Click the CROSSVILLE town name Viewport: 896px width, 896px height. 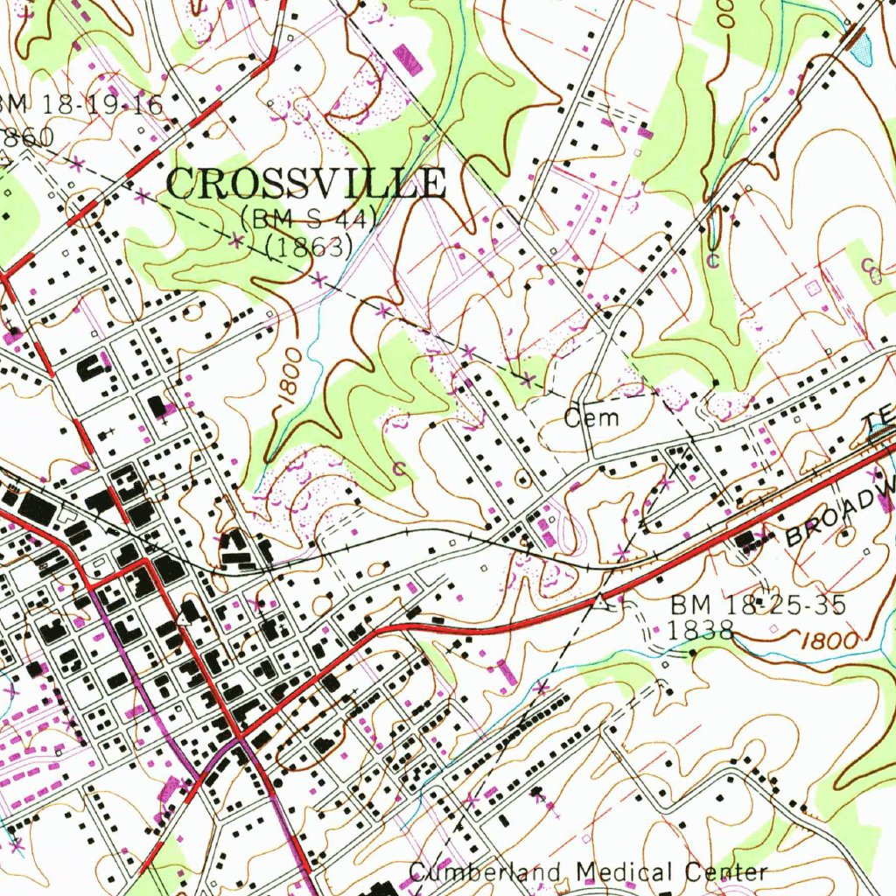[x=306, y=184]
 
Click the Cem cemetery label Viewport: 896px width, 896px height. [x=591, y=417]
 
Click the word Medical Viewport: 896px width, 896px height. [x=626, y=871]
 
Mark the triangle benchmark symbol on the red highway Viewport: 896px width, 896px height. [x=598, y=601]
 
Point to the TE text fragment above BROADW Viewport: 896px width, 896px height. [x=881, y=426]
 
